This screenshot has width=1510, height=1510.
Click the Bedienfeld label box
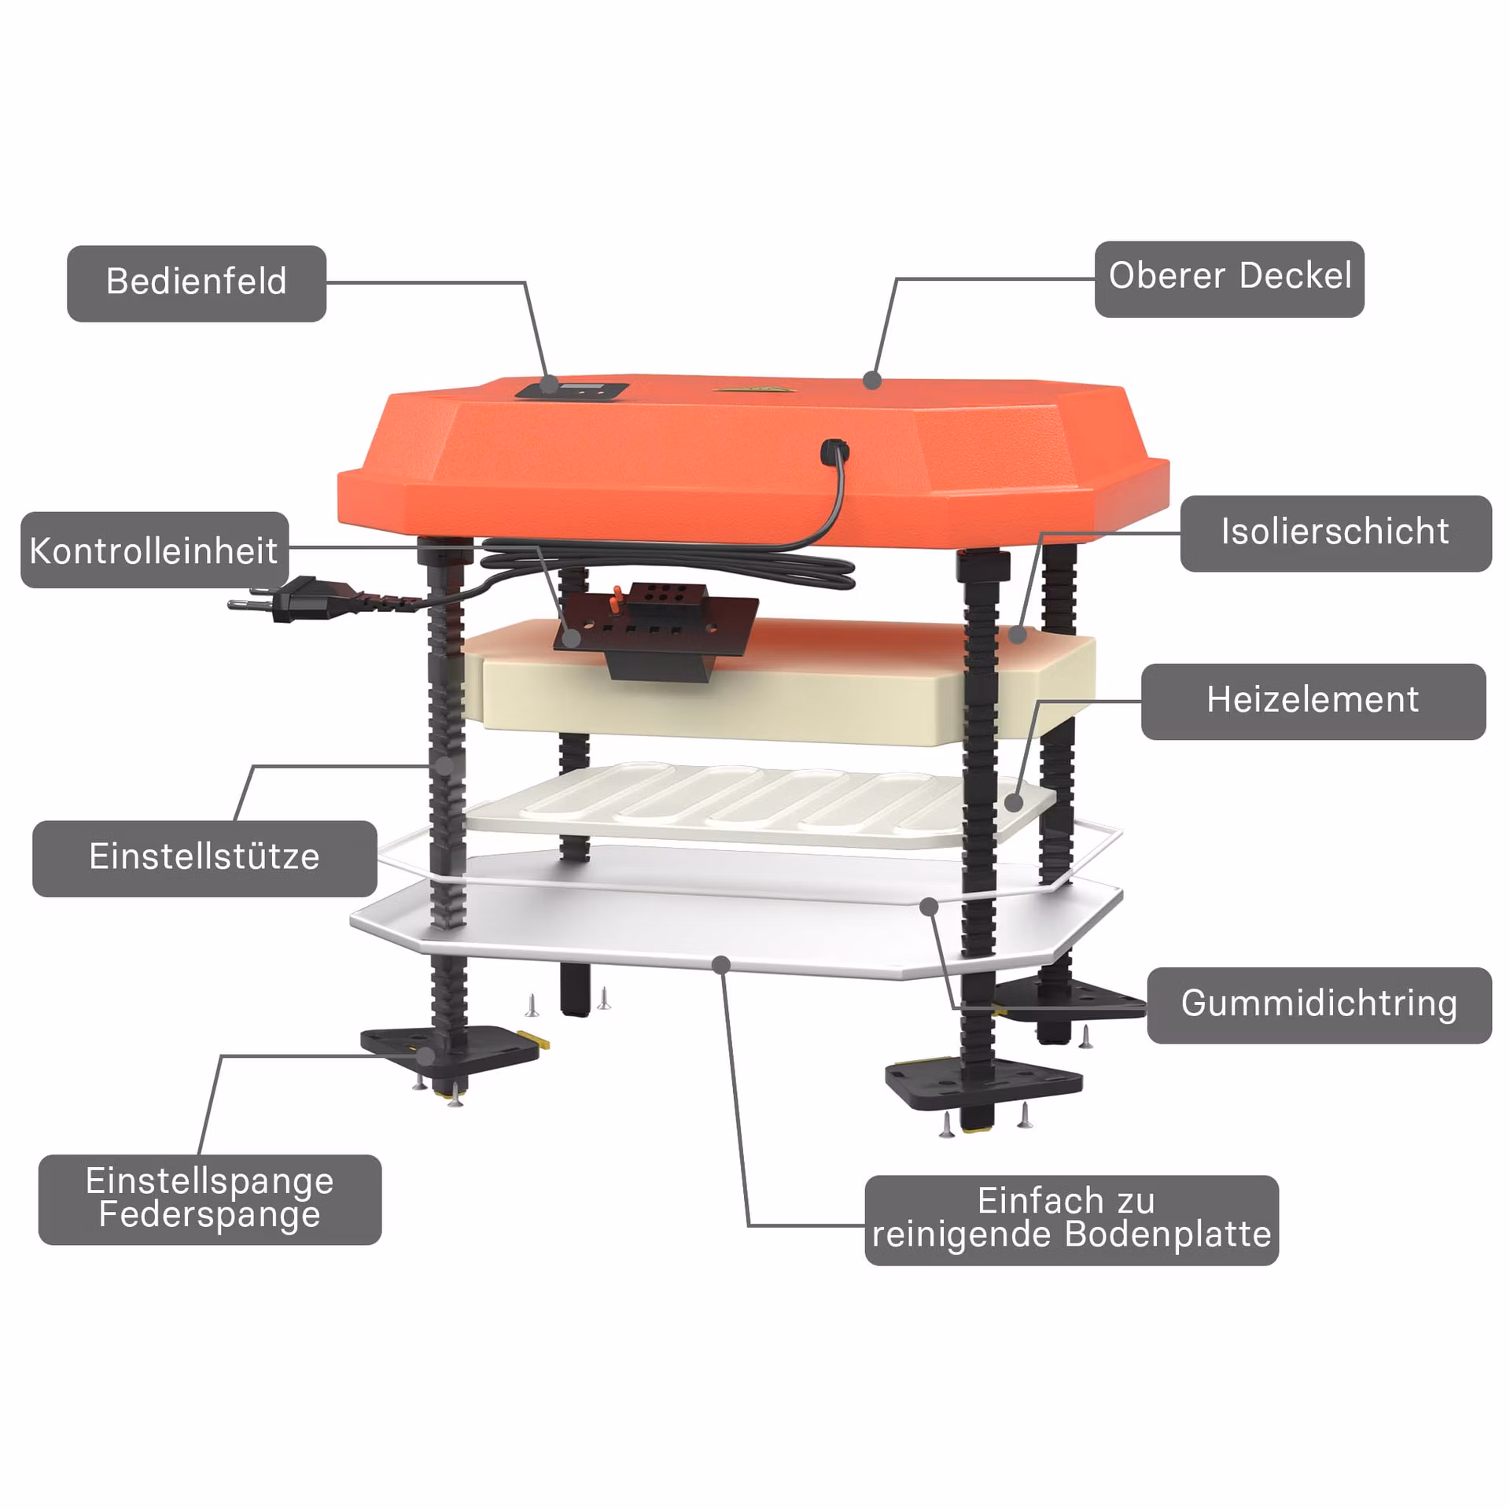tap(197, 283)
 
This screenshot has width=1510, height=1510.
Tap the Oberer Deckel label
tap(1229, 279)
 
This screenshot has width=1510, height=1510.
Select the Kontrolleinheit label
tap(154, 550)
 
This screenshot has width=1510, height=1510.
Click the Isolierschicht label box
tap(1335, 533)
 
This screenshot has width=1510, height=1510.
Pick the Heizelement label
tap(1313, 702)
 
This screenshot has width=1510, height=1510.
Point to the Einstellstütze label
tap(204, 859)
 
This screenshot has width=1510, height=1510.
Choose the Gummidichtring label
tap(1319, 1006)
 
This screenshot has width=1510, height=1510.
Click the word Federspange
tap(210, 1214)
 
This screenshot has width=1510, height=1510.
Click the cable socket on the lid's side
tap(834, 451)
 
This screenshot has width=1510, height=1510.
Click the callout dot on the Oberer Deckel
tap(871, 380)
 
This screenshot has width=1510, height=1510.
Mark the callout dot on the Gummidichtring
tap(930, 906)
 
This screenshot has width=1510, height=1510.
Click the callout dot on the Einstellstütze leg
tap(445, 764)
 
